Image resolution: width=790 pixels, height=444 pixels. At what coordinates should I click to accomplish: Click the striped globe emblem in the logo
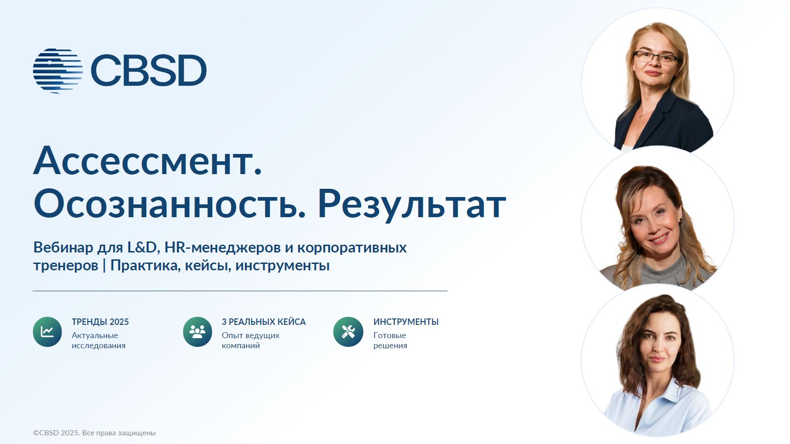(58, 71)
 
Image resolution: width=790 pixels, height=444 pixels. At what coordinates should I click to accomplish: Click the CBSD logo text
(149, 71)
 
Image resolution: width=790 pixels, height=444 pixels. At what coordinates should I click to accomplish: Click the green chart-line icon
(47, 332)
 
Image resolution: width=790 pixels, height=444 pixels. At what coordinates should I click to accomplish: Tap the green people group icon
(197, 332)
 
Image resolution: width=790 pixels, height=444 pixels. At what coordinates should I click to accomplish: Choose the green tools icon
(348, 332)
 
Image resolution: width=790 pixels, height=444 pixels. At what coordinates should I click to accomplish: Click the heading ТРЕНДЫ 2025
(100, 322)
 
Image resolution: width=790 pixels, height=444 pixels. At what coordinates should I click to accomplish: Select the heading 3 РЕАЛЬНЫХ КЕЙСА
(263, 322)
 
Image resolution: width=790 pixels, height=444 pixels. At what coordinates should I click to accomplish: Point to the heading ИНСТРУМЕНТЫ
(406, 322)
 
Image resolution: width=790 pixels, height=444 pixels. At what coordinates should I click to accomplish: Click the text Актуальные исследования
(98, 340)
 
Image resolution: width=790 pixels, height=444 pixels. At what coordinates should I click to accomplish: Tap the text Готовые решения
(390, 340)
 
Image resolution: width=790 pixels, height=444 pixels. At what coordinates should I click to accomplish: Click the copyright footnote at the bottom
(94, 433)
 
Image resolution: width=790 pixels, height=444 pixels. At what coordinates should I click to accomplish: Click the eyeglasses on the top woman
(656, 57)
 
